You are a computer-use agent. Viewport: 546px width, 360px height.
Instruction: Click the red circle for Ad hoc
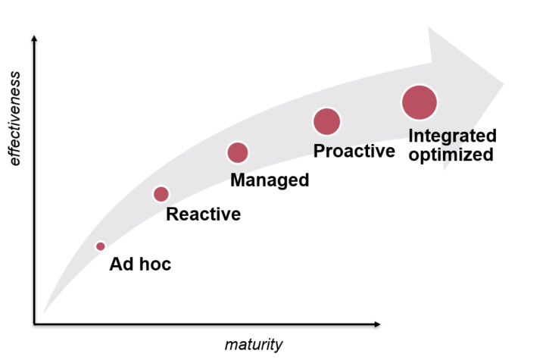[100, 246]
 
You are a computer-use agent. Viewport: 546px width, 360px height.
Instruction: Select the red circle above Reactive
[161, 194]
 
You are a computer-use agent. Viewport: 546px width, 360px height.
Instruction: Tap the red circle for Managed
[238, 152]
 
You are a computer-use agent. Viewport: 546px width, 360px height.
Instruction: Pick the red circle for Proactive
[326, 121]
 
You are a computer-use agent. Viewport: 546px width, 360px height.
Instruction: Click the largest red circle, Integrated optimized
[420, 102]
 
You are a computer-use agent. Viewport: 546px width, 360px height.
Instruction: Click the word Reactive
[203, 214]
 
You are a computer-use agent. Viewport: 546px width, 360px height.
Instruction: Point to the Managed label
[270, 180]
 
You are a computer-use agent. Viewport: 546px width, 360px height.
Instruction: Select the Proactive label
[354, 151]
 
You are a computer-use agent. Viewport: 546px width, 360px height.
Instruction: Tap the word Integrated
[452, 136]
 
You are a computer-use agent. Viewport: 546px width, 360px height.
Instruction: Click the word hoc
[156, 265]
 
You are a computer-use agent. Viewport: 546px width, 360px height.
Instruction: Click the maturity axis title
[253, 346]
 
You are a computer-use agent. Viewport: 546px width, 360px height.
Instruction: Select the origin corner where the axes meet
[34, 324]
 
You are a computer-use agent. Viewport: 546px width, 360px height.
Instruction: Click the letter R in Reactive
[173, 214]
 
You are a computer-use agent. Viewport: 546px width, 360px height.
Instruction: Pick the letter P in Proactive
[320, 151]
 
